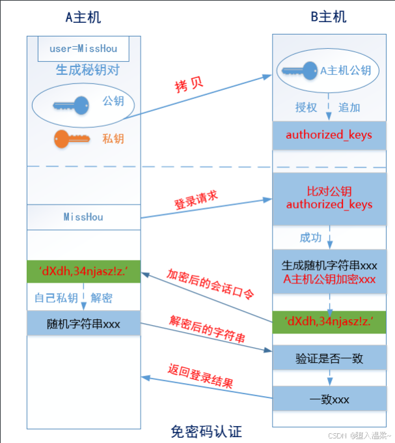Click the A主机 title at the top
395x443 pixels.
83,18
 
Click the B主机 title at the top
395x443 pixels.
328,18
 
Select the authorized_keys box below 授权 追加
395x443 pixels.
329,136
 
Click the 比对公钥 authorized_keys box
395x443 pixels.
329,197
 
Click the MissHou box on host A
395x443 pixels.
83,217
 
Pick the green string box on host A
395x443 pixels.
83,271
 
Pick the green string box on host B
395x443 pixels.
329,322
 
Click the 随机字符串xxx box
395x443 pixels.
83,323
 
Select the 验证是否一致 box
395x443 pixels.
329,358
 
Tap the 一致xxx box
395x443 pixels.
329,398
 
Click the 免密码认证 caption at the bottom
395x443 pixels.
206,431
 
